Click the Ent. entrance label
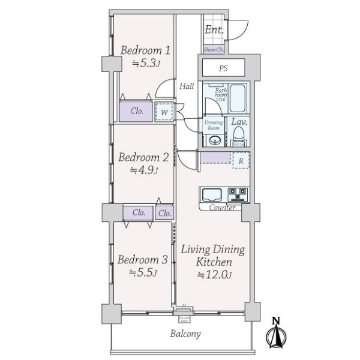(214, 30)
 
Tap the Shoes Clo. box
(214, 49)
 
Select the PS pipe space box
(223, 68)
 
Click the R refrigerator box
(241, 160)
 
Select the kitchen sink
(211, 194)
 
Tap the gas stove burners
(237, 194)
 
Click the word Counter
(222, 208)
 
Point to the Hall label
(186, 86)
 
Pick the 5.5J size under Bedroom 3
(142, 273)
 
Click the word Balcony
(184, 334)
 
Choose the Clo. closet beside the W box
(136, 111)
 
